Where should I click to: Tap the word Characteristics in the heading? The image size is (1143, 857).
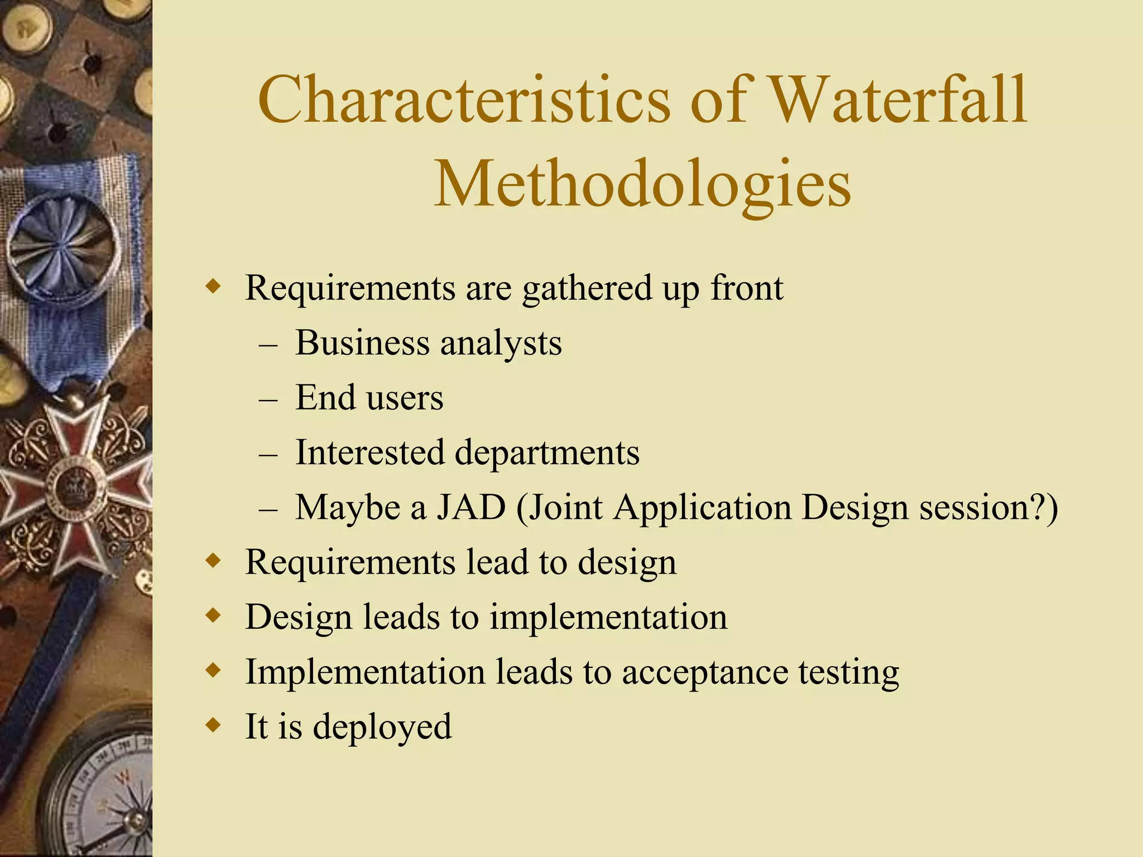tap(464, 100)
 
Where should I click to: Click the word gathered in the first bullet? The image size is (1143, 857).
tap(587, 289)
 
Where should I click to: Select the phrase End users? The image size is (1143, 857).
tap(369, 398)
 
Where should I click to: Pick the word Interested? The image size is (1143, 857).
tap(369, 452)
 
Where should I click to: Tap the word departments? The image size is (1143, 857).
tap(547, 453)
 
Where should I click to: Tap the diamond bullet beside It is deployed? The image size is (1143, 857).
tap(213, 726)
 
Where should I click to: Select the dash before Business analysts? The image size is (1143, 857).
tap(268, 344)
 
